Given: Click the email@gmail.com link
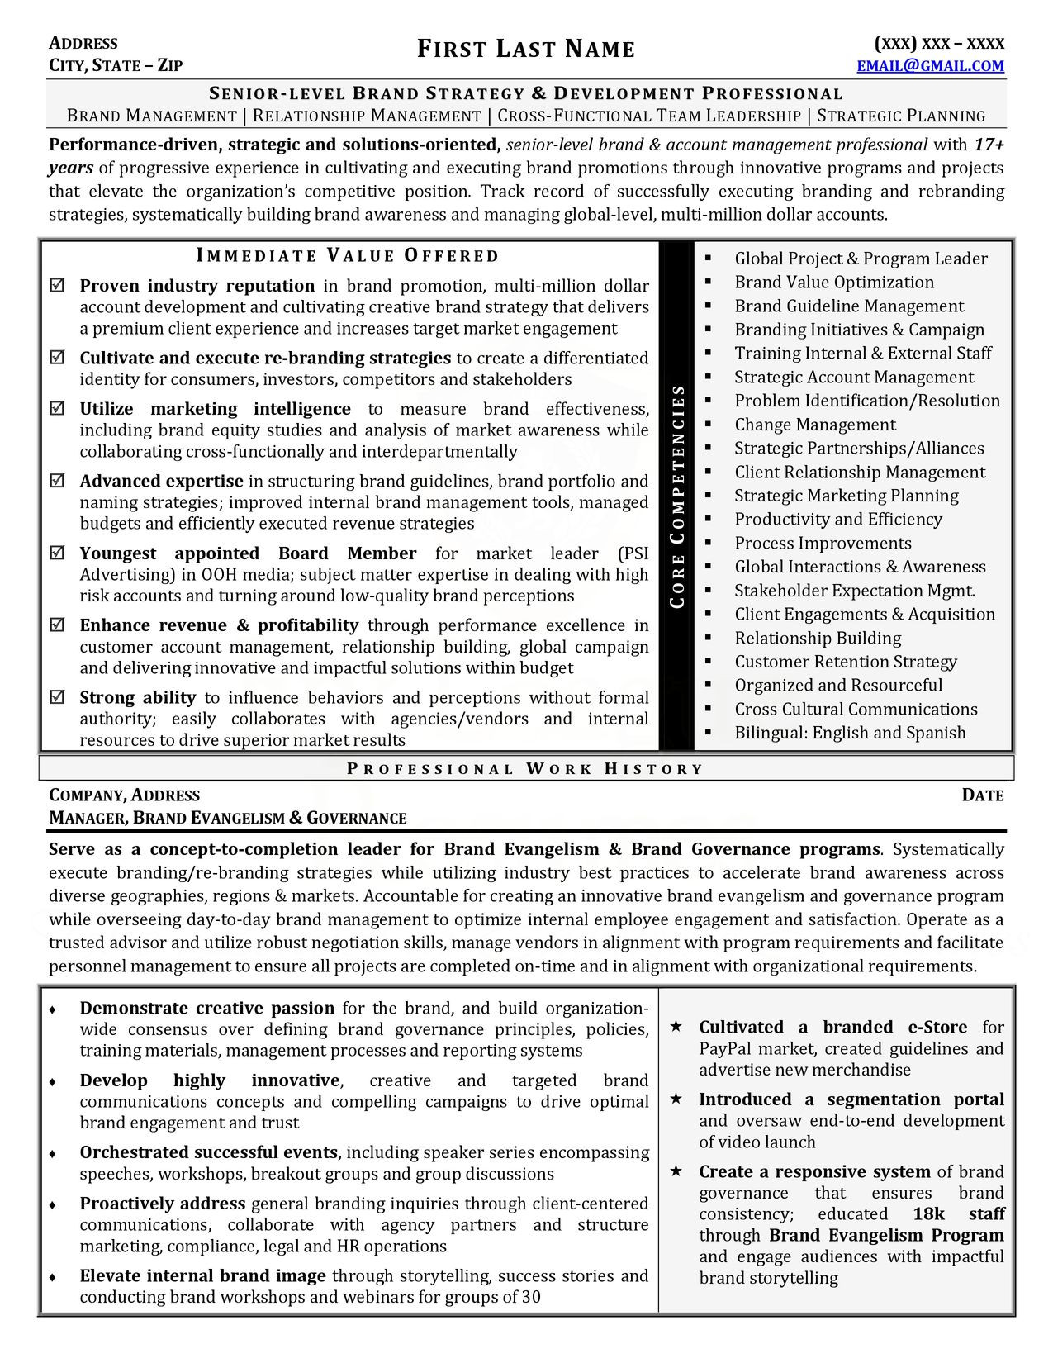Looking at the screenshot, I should pos(930,66).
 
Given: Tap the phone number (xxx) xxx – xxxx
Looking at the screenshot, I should pos(939,44).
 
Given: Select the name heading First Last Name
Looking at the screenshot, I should pos(526,50).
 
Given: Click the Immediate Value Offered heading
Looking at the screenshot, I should pos(348,255).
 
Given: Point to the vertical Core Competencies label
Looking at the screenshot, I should pos(678,496).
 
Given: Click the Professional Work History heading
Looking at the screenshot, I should pos(525,769).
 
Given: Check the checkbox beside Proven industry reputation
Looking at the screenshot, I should pos(58,286).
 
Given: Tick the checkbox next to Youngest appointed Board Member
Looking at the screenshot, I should pos(58,553).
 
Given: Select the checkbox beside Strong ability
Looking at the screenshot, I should pos(58,697).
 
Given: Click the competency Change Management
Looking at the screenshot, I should pos(814,425).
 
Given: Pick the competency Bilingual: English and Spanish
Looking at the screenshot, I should pos(850,733).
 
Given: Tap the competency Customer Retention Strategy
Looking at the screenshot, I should pos(846,662).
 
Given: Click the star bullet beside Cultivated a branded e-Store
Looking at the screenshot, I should pos(676,1027).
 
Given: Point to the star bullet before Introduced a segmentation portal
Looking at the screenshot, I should pos(676,1099).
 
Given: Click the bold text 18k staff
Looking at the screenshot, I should pos(958,1213).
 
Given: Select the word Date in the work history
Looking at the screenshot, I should pos(983,795).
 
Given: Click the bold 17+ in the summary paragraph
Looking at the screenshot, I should pos(989,145).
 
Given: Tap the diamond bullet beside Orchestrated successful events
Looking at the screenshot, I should pos(53,1153).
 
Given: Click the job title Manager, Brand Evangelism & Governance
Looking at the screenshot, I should pos(228,819).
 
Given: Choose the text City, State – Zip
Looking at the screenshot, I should pos(116,66).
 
